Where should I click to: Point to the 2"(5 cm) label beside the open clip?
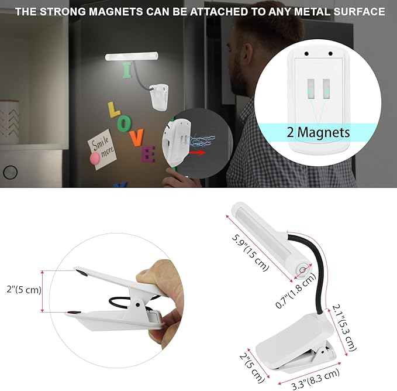pyautogui.click(x=20, y=289)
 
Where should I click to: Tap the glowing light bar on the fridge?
pyautogui.click(x=132, y=57)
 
